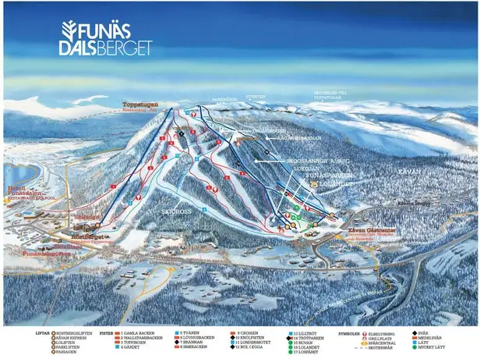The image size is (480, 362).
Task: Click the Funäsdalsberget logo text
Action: (x=106, y=38)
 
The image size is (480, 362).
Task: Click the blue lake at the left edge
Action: (x=14, y=176)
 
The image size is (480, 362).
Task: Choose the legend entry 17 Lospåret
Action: (x=307, y=352)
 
